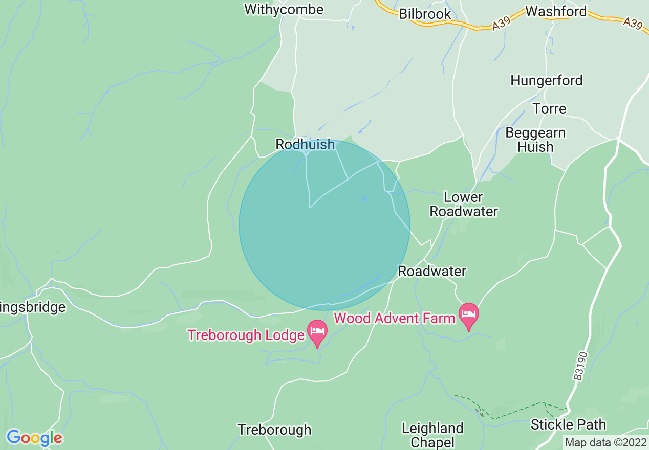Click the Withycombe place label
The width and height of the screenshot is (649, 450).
[x=284, y=10]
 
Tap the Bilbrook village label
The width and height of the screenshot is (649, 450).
[x=425, y=14]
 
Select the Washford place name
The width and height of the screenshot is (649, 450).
[x=556, y=11]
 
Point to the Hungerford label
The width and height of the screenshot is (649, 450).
[x=546, y=80]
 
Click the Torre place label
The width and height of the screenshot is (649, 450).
[x=549, y=109]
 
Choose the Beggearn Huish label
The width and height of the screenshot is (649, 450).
[x=535, y=140]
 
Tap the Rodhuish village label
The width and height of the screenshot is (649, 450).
[x=305, y=145]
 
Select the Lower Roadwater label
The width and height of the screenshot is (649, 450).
[x=463, y=204]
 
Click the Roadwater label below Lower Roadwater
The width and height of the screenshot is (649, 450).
[x=432, y=271]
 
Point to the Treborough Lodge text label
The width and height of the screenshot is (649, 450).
[x=246, y=335]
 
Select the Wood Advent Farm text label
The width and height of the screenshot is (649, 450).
[x=394, y=318]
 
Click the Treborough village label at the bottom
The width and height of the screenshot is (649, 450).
[x=274, y=430]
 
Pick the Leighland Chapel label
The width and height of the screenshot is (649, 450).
[x=432, y=435]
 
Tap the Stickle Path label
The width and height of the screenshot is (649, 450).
[x=568, y=424]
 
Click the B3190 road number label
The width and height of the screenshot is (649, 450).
[x=578, y=366]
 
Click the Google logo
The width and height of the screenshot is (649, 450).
[x=34, y=438]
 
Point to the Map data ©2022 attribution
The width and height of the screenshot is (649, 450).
[x=605, y=442]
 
